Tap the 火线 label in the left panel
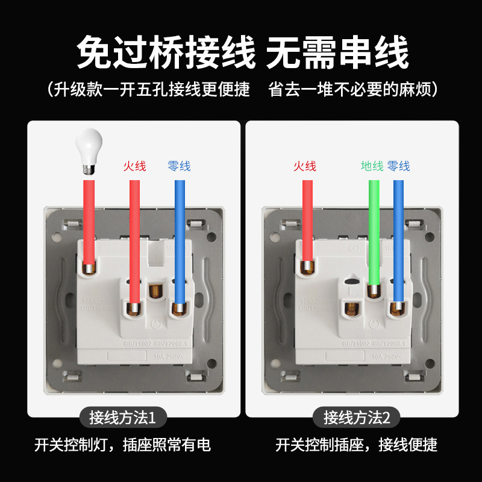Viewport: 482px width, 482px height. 135,166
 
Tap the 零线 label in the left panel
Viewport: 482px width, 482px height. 179,166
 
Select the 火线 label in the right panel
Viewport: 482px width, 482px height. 305,166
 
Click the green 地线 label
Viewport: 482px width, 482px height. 372,166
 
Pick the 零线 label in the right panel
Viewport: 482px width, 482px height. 398,166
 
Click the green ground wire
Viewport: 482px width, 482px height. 374,229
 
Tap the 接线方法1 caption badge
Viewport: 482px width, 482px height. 122,417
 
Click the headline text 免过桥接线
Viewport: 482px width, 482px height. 166,53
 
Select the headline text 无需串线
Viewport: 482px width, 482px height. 337,53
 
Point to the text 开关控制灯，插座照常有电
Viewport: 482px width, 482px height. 122,445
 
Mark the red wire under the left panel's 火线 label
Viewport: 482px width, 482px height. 135,241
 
